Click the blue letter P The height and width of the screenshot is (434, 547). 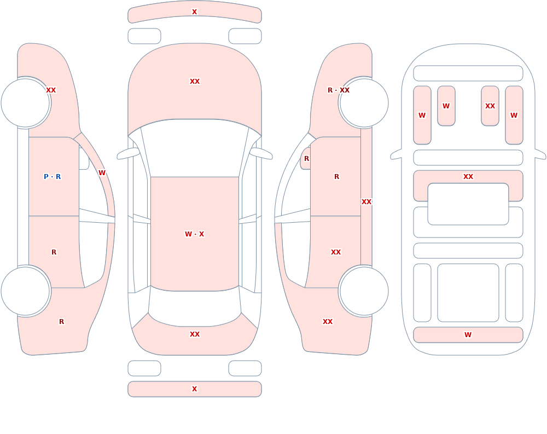tap(46, 177)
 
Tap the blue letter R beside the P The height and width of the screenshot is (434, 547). tap(59, 177)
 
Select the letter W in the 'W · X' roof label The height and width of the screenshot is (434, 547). tap(188, 234)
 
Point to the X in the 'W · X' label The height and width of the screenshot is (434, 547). tap(202, 234)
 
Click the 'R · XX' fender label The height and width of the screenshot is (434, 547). tap(339, 90)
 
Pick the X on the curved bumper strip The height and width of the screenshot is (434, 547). tap(195, 12)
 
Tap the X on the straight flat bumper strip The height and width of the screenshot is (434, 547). tap(195, 389)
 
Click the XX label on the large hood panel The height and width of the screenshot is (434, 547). tap(195, 82)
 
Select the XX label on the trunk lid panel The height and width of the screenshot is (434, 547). tap(195, 334)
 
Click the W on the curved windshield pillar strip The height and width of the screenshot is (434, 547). tap(102, 173)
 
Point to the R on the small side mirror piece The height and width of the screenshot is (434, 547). tap(307, 159)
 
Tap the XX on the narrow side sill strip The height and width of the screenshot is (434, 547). tap(366, 202)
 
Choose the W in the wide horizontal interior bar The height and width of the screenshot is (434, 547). tap(468, 335)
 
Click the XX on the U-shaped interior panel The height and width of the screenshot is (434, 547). tap(468, 177)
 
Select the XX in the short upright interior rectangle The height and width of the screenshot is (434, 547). tap(490, 106)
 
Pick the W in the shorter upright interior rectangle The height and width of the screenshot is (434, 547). tap(446, 106)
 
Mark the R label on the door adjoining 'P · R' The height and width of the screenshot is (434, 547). tap(54, 252)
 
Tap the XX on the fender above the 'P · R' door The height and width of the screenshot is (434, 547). tap(51, 90)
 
